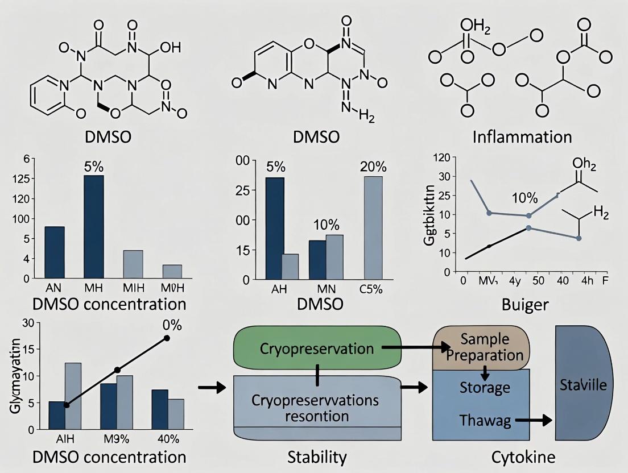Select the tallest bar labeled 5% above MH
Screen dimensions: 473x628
pos(94,227)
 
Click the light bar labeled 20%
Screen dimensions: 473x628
pos(373,227)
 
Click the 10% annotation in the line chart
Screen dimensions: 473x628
pos(524,198)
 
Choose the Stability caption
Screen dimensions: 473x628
pos(318,457)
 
